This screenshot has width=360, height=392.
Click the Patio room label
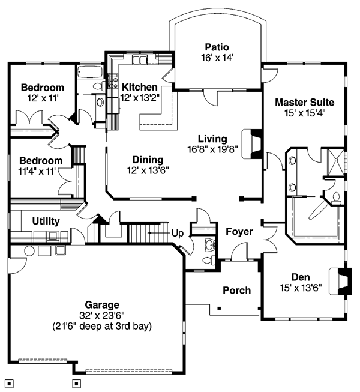point(217,47)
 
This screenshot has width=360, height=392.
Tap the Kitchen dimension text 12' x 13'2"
point(140,98)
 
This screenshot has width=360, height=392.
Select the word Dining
point(148,160)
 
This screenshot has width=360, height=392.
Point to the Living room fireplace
point(251,143)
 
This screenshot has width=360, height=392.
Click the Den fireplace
point(340,282)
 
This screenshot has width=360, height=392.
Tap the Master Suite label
point(305,102)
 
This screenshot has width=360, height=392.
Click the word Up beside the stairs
point(178,234)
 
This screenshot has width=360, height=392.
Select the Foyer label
point(239,232)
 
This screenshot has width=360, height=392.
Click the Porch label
point(236,291)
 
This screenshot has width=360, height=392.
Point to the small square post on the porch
point(219,308)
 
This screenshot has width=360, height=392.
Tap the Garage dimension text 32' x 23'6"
point(102,316)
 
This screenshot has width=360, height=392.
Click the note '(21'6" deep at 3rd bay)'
point(102,326)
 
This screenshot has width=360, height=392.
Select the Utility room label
point(46,221)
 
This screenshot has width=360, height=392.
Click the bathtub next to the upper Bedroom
point(89,72)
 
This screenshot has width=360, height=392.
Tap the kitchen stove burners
point(113,81)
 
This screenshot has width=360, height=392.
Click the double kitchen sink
point(139,60)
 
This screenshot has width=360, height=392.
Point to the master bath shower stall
point(336,162)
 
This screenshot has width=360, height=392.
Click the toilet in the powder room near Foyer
point(208,261)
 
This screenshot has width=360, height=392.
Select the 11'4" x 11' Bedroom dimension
point(37,172)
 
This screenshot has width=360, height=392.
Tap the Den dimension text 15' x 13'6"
point(301,288)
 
